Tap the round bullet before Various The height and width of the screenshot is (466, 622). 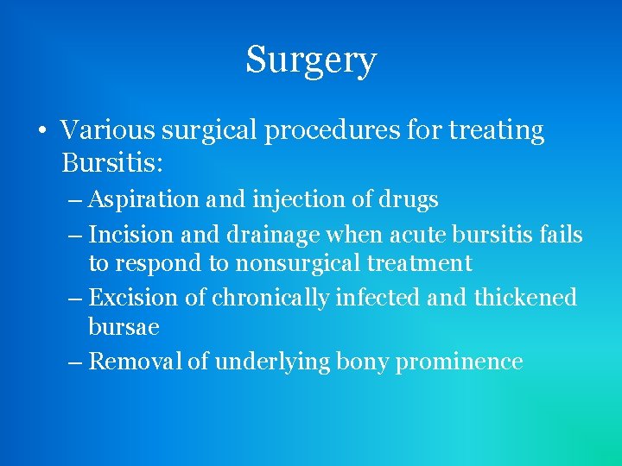tap(41, 132)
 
